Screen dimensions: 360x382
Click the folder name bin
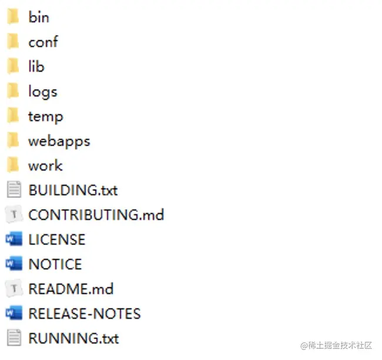[x=39, y=17]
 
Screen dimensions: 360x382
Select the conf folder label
[x=43, y=42]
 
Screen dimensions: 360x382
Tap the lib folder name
[x=36, y=66]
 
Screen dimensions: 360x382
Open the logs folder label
[x=42, y=92]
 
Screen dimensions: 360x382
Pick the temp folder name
[x=45, y=116]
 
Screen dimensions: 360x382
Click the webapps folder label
[x=59, y=141]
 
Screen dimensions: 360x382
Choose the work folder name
[x=45, y=166]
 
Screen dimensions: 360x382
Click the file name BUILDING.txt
[x=73, y=191]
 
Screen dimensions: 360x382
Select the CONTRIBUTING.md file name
[x=96, y=215]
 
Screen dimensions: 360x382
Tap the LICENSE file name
[x=56, y=240]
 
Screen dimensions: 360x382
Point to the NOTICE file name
[x=55, y=265]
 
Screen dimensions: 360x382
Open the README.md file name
[x=71, y=289]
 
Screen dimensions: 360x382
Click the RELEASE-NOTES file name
[x=84, y=314]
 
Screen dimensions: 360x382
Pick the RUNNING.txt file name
[x=73, y=339]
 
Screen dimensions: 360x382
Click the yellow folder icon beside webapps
[x=13, y=141]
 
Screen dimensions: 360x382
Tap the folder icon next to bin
[x=13, y=17]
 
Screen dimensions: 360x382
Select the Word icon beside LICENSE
[x=13, y=240]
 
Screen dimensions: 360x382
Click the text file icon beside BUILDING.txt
[x=13, y=191]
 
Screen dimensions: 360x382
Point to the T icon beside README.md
[x=13, y=289]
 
